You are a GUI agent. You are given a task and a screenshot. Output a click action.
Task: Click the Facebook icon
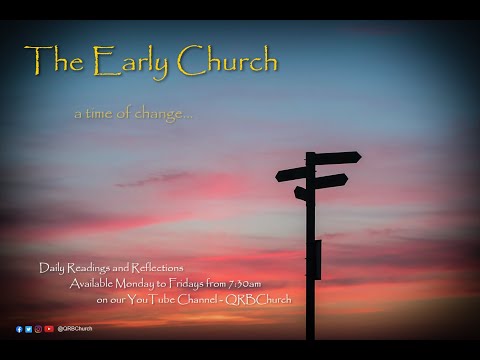point(19,329)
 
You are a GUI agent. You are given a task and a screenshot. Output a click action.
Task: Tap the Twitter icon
point(29,329)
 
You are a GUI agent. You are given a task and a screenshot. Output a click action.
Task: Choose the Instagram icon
point(38,329)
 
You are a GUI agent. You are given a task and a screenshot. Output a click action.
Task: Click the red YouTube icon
point(49,329)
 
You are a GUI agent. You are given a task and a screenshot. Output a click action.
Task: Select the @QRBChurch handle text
point(74,329)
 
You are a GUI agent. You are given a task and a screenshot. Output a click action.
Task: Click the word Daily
point(51,268)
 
